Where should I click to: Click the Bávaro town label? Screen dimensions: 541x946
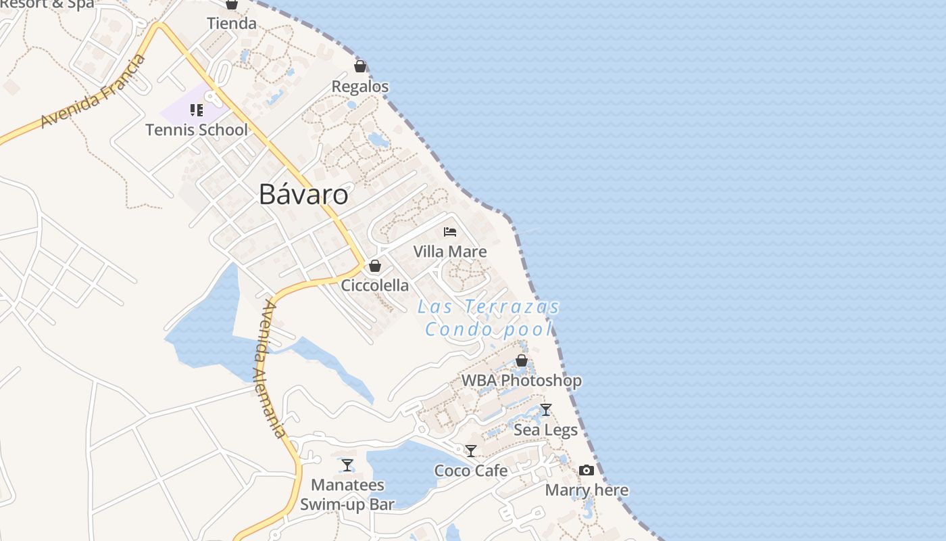pyautogui.click(x=303, y=195)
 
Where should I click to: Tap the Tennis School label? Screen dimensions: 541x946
pyautogui.click(x=197, y=129)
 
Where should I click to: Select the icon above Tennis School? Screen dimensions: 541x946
pyautogui.click(x=197, y=110)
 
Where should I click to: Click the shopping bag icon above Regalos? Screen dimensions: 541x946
pyautogui.click(x=360, y=66)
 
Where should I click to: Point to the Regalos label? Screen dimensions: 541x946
pyautogui.click(x=360, y=87)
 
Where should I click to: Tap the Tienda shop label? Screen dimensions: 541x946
pyautogui.click(x=232, y=24)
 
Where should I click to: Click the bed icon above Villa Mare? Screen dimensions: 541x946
pyautogui.click(x=450, y=232)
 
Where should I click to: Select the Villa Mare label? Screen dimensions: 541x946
pyautogui.click(x=450, y=252)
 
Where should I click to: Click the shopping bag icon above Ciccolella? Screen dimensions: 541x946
pyautogui.click(x=375, y=266)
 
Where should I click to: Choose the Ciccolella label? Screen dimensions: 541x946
pyautogui.click(x=375, y=285)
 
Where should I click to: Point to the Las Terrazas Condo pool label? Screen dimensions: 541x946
pyautogui.click(x=489, y=318)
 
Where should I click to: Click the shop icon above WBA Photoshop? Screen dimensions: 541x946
pyautogui.click(x=522, y=360)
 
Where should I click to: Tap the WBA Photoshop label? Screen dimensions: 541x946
pyautogui.click(x=522, y=381)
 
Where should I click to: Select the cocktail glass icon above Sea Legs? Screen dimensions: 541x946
pyautogui.click(x=546, y=410)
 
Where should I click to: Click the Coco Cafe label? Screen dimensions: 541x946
pyautogui.click(x=471, y=471)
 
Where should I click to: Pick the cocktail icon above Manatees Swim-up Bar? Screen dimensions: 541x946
pyautogui.click(x=347, y=465)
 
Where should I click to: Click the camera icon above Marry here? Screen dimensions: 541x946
pyautogui.click(x=587, y=471)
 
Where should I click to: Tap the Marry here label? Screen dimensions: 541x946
pyautogui.click(x=587, y=490)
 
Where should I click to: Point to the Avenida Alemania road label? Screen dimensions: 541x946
pyautogui.click(x=274, y=369)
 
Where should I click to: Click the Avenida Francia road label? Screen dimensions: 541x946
pyautogui.click(x=93, y=92)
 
